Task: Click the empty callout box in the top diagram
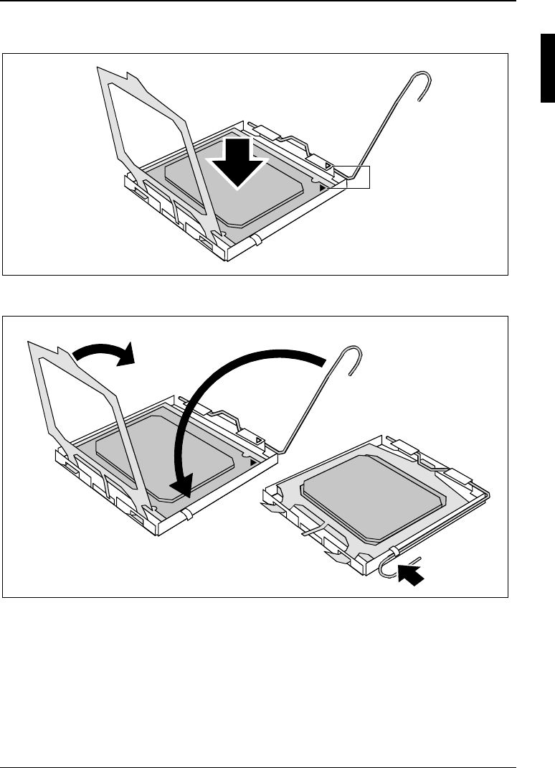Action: pyautogui.click(x=358, y=177)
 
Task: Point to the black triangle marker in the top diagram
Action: pyautogui.click(x=323, y=186)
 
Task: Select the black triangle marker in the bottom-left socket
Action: pyautogui.click(x=253, y=463)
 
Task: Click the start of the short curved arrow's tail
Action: pyautogui.click(x=75, y=353)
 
